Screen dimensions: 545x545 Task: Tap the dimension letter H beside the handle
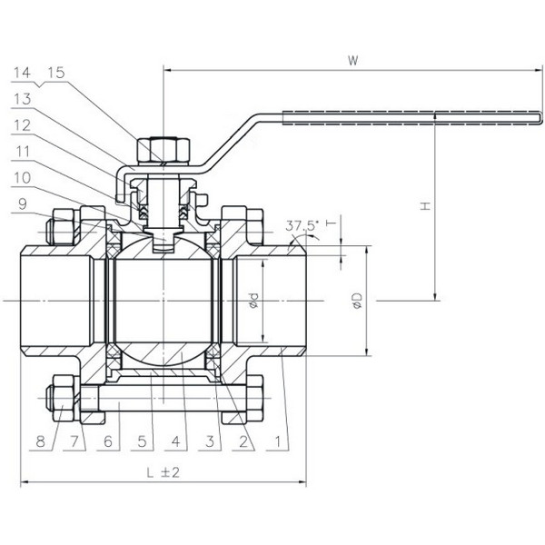point(424,207)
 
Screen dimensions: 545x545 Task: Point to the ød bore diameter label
point(255,299)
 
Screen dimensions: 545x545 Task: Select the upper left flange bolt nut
point(63,227)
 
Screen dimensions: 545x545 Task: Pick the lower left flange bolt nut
point(63,398)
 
